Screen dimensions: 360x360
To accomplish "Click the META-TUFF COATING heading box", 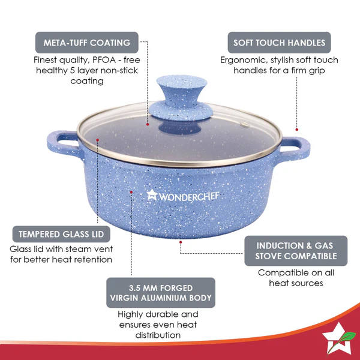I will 86,43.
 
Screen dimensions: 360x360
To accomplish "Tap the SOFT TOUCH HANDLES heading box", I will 279,43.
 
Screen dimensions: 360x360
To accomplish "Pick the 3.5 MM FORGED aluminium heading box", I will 161,292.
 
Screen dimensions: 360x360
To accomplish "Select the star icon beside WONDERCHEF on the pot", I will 152,194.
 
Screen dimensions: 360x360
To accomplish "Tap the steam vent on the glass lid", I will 244,125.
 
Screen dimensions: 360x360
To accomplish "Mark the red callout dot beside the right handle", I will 296,128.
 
